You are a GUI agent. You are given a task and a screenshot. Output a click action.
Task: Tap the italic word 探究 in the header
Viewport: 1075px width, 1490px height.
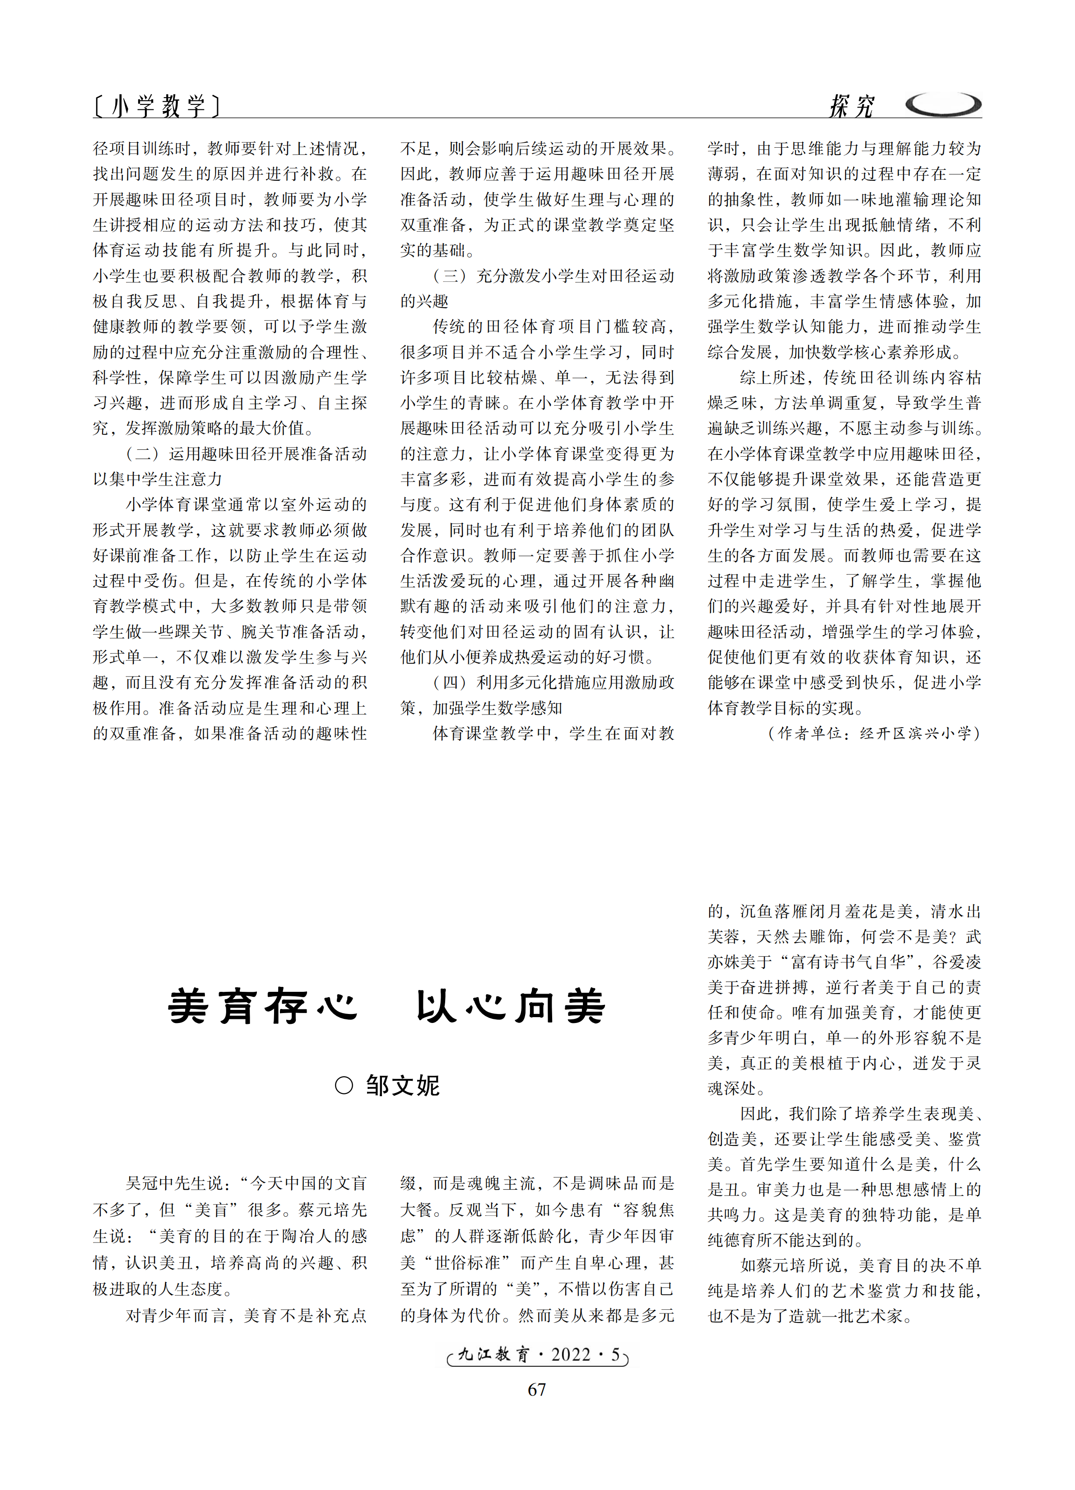851,106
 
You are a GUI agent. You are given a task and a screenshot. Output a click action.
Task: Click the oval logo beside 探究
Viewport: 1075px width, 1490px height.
943,104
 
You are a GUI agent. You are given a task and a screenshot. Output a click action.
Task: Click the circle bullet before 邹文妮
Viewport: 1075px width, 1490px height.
344,1085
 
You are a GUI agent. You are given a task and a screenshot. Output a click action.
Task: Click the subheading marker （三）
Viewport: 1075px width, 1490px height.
449,276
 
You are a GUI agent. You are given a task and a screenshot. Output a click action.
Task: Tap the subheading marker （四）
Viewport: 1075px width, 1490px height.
449,682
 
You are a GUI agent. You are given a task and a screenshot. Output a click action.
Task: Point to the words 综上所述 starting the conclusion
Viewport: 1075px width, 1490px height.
773,378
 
